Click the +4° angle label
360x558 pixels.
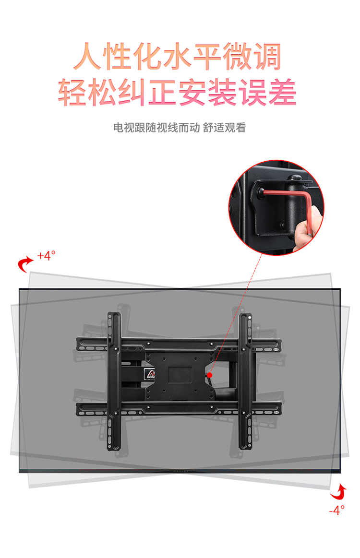coord(47,256)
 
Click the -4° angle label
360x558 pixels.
coord(336,510)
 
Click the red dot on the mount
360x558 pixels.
coord(210,375)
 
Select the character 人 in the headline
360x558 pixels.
coord(87,56)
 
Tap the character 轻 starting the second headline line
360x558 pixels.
coord(72,92)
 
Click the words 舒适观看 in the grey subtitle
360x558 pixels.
coord(225,128)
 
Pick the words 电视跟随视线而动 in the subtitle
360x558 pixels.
coord(156,128)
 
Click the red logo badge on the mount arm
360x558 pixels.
coord(150,373)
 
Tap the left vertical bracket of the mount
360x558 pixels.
coord(114,381)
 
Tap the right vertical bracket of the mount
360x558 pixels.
coord(245,381)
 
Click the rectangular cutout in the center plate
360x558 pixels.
coord(180,375)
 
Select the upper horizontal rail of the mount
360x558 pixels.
coord(179,344)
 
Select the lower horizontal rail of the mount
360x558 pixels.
coord(179,409)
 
